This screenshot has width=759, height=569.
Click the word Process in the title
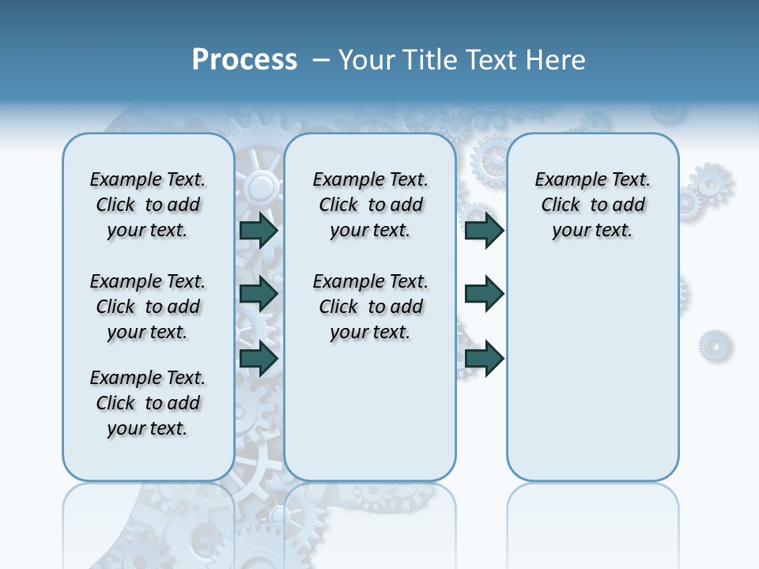[x=244, y=60]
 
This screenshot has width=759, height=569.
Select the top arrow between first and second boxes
[x=259, y=230]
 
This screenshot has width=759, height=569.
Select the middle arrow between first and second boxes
[x=259, y=294]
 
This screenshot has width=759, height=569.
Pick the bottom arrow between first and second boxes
[x=259, y=359]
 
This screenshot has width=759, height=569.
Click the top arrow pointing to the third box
[x=485, y=230]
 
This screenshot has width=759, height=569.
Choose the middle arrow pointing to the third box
[x=485, y=294]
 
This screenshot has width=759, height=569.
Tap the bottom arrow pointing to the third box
[x=485, y=359]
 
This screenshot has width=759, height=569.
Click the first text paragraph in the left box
[x=148, y=205]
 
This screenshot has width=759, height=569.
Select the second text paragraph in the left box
[x=148, y=307]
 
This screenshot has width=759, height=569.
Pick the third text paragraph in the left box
[x=148, y=403]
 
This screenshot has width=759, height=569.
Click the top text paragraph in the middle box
[x=371, y=205]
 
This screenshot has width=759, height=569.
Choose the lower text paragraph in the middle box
[x=371, y=307]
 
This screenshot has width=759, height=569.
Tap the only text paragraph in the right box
[x=593, y=205]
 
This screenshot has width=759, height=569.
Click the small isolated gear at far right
[x=715, y=345]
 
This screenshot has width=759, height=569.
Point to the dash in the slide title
[x=321, y=61]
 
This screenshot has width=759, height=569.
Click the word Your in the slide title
[x=367, y=60]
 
